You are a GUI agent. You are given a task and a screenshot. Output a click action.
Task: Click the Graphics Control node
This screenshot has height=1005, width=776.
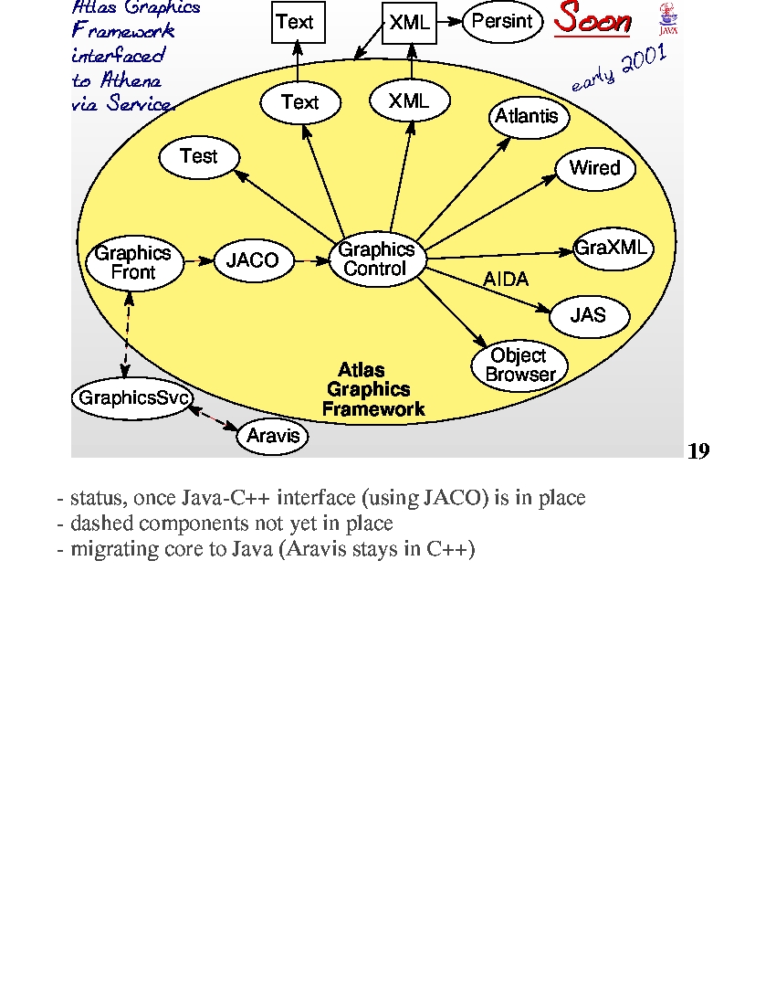point(377,259)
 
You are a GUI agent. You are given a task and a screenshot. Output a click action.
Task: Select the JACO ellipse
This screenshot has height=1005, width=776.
point(254,260)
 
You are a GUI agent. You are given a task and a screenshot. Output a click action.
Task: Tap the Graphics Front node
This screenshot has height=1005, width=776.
point(134,263)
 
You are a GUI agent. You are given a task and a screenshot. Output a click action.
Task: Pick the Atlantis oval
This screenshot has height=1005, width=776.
point(529,117)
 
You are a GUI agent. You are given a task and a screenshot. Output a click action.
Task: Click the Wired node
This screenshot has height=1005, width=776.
point(595,169)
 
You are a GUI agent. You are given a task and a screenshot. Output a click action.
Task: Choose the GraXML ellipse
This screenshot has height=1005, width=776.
point(613,248)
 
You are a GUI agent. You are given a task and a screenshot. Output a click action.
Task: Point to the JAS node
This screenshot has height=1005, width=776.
point(589,315)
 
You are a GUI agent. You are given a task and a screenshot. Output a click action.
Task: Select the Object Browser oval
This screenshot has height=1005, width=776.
point(519,365)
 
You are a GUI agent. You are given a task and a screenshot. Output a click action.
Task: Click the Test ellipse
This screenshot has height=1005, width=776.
point(199,157)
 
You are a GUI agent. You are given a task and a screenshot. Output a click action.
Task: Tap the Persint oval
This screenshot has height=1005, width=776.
point(503,22)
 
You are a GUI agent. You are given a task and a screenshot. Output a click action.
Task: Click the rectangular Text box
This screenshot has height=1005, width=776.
point(299,23)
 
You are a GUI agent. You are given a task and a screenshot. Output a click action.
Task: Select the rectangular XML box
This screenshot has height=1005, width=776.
point(410,23)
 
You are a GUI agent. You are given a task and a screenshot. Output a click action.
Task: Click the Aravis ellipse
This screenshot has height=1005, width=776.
point(273,436)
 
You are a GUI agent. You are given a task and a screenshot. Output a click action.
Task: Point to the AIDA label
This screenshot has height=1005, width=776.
point(506,280)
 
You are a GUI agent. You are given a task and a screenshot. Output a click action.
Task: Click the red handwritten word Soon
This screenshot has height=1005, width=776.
point(592,18)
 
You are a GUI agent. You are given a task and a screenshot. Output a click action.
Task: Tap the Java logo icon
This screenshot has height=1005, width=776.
point(668,18)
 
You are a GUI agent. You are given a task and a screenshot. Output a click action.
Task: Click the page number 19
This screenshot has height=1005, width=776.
point(698,451)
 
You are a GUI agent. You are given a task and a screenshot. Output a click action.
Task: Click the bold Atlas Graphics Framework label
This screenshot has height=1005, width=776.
point(372,390)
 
